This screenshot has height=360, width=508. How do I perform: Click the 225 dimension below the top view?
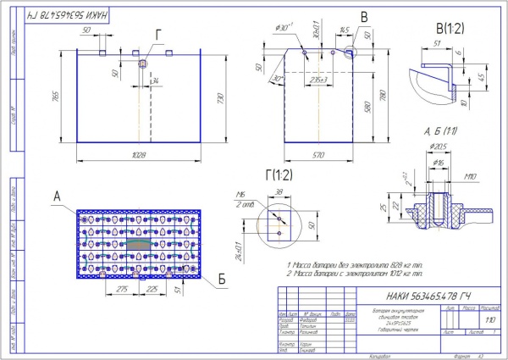[x=152, y=288]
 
